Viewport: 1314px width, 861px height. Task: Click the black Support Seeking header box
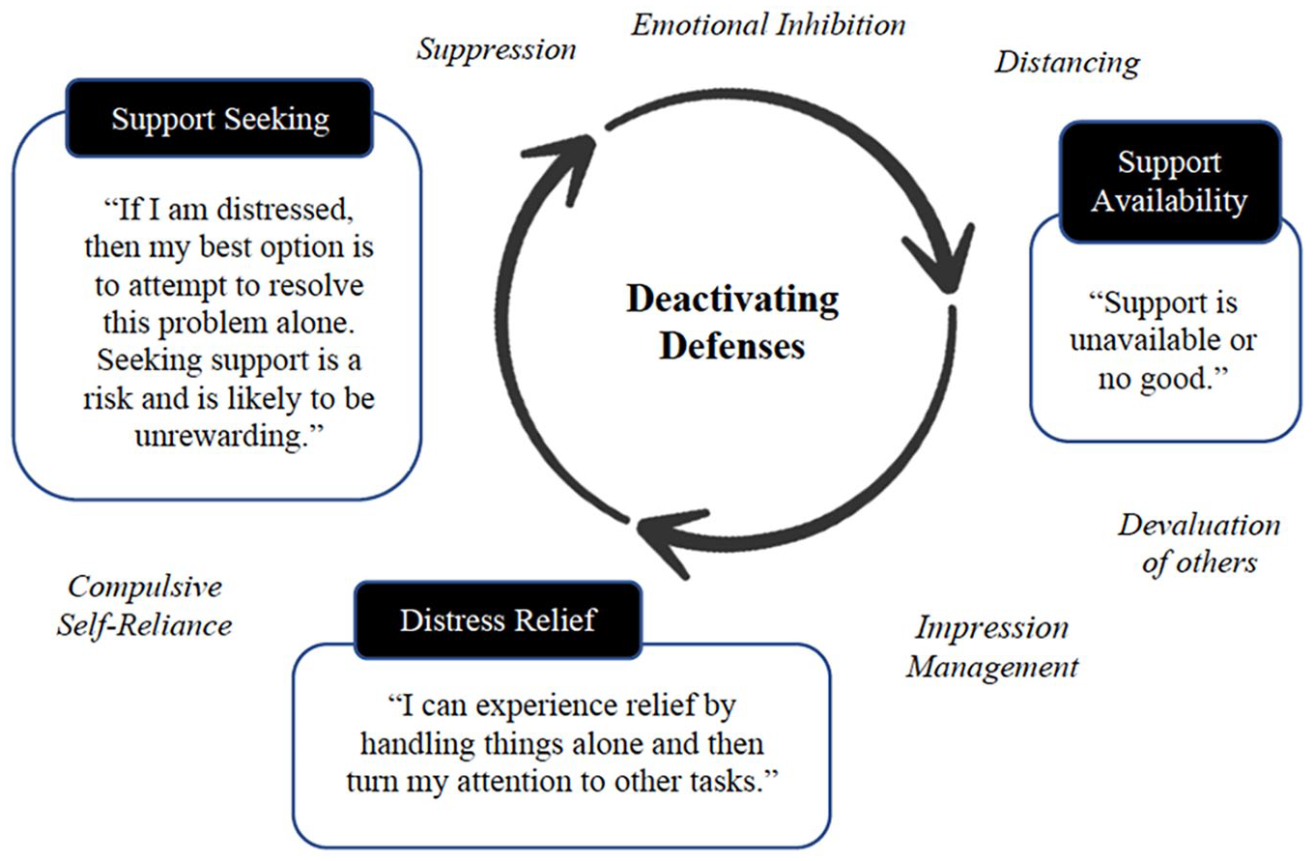point(219,118)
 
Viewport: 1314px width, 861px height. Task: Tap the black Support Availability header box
point(1170,182)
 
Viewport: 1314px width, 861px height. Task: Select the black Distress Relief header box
point(498,620)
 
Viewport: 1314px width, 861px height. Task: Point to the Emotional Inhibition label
point(768,25)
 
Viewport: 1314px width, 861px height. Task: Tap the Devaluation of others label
point(1199,544)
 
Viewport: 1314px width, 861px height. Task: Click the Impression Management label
point(992,647)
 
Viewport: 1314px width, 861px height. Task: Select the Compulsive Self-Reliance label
point(144,605)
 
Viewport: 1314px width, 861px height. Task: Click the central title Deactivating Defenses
point(732,322)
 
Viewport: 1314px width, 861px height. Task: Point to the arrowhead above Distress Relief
point(671,542)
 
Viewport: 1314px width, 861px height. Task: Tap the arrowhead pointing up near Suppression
point(560,167)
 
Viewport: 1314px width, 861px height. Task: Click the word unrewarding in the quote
point(222,436)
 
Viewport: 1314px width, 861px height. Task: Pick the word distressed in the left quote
point(284,210)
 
